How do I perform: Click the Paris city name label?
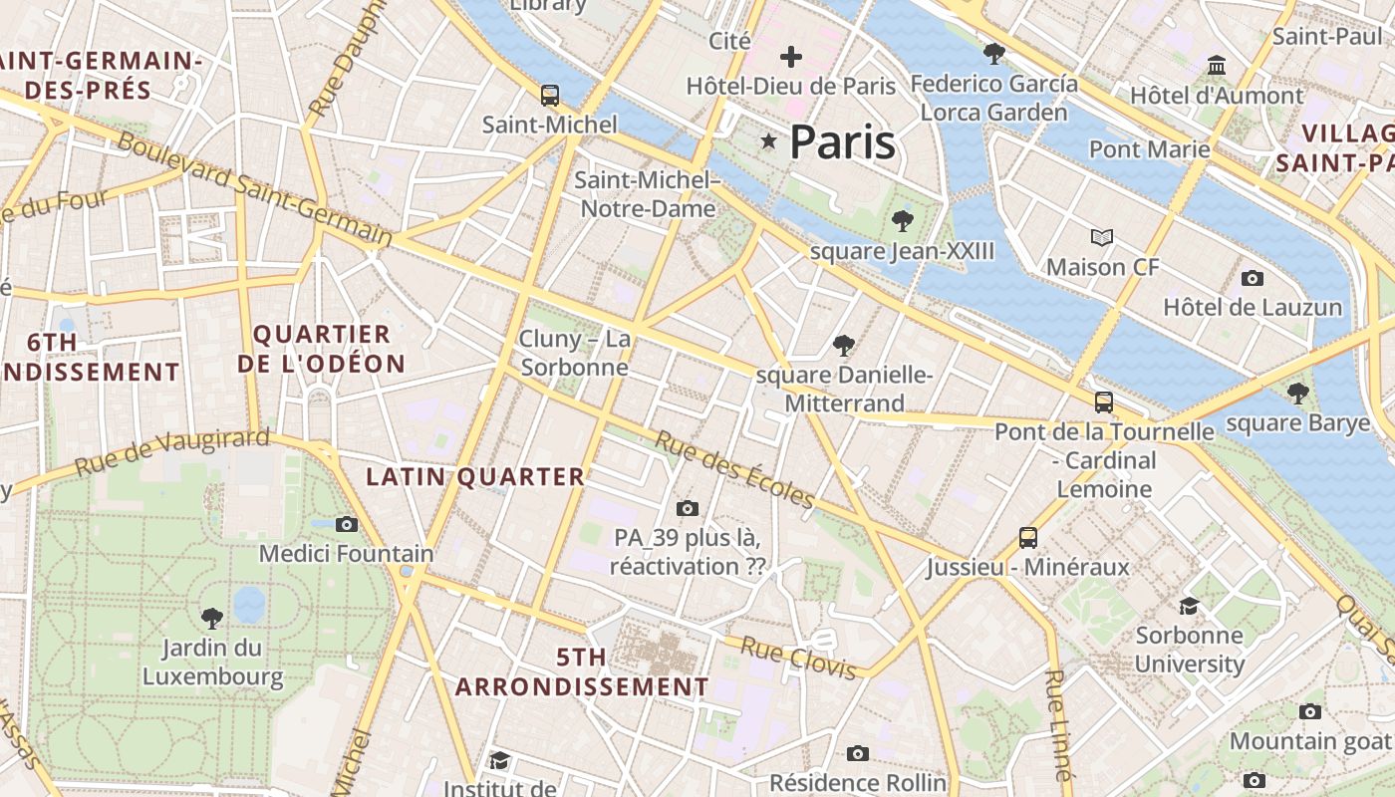(842, 142)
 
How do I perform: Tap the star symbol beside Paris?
(768, 141)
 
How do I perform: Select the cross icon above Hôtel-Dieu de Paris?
(791, 57)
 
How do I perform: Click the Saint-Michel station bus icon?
(550, 96)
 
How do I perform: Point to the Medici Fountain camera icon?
(347, 524)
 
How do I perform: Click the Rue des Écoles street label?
(734, 469)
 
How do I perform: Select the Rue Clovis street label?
(798, 659)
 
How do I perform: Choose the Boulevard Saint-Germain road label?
(255, 188)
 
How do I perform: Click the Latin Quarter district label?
(475, 477)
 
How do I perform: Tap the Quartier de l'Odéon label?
(321, 349)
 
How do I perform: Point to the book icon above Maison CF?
(1102, 238)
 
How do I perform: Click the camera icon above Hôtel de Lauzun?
(1253, 278)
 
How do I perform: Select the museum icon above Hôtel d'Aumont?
(1217, 66)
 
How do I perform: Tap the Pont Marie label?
(1149, 149)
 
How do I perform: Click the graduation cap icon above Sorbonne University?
(1189, 606)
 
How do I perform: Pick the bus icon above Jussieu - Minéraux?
(1028, 538)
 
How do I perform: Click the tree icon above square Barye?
(1297, 394)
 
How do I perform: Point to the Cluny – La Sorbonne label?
(575, 353)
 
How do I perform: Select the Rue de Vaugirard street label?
(172, 452)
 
